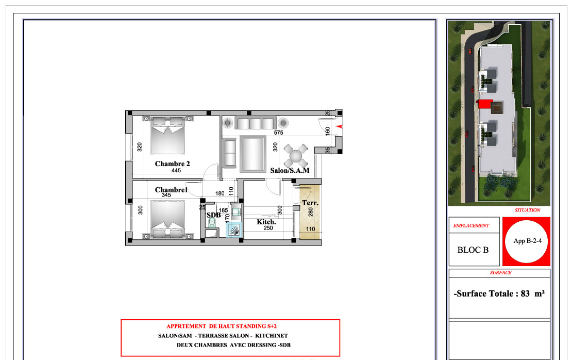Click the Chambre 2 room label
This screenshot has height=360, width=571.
coord(172,164)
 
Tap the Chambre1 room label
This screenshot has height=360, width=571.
coord(171,189)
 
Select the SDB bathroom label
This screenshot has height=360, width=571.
coord(214,215)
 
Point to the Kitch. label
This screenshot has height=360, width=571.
coord(266,222)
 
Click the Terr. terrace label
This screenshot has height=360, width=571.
coord(310,203)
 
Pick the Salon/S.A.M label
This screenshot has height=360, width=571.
coord(290,170)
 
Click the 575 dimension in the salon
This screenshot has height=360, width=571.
coord(279,133)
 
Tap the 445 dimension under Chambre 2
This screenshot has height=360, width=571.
coord(176,171)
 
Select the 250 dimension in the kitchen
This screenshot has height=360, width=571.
coord(268,228)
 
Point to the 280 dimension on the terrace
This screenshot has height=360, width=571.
coord(311,212)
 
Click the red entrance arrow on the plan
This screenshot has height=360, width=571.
coord(340,126)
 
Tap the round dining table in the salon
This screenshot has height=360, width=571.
coord(296,156)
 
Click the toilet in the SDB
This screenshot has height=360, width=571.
coord(212,223)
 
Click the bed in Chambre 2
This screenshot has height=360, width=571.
coord(167,136)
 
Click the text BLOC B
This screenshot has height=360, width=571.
coord(473,250)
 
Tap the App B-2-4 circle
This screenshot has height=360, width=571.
coord(527,241)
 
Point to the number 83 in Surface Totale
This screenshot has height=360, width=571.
coord(525,293)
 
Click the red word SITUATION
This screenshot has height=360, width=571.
coord(527,210)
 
